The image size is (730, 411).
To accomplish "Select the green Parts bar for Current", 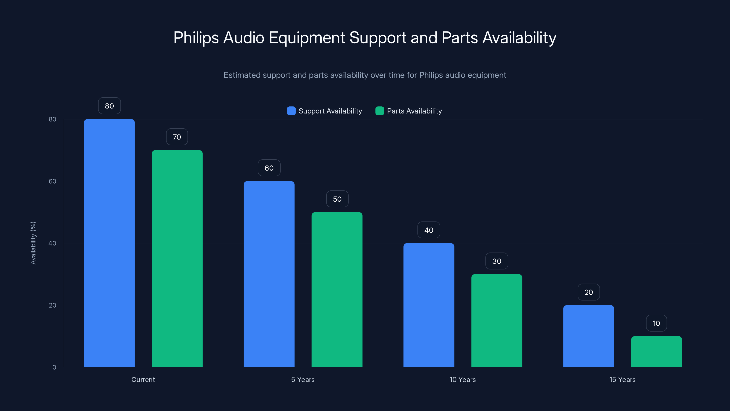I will pos(177,258).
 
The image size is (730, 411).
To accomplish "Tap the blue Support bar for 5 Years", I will pos(269,274).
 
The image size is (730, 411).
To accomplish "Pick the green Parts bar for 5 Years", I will pos(337,289).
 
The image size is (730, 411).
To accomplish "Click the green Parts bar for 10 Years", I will pos(497,321).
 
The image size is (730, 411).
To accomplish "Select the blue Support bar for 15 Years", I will pos(589,336).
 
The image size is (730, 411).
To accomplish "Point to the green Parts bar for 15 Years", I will pos(657,351).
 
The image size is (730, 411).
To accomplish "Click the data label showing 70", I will pos(177,137).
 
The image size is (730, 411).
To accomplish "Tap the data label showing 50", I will pos(337,199).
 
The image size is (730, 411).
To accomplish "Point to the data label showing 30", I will pos(497,261).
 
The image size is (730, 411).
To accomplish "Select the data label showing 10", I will pos(656,323).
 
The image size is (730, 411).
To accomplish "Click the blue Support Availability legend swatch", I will pos(291,111).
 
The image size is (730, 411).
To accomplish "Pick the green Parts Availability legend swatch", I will pos(380,111).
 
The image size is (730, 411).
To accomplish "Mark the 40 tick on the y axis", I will pos(52,243).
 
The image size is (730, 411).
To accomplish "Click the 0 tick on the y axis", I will pos(54,367).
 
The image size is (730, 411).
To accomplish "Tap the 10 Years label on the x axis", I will pos(462,379).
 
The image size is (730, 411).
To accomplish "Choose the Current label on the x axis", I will pos(143,379).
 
